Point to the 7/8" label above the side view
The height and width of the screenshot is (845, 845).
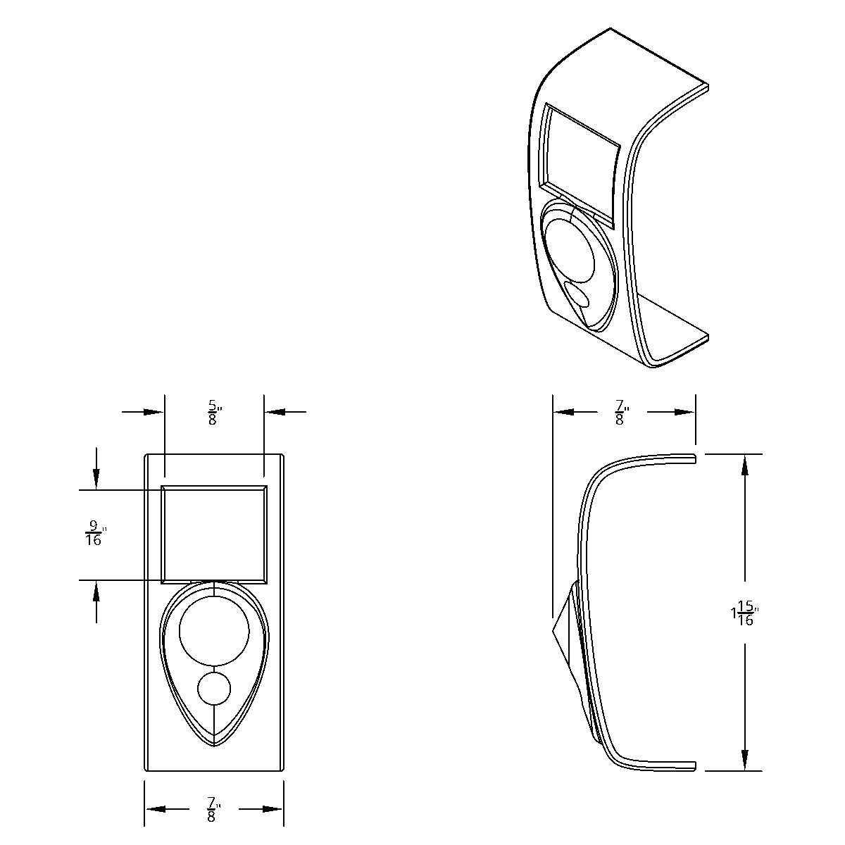coord(620,412)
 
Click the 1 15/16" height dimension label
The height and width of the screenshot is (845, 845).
coord(744,613)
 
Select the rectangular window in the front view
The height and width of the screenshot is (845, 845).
coord(214,534)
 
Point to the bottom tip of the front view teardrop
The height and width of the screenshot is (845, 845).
coord(214,744)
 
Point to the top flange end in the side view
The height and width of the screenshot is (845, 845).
coord(693,458)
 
